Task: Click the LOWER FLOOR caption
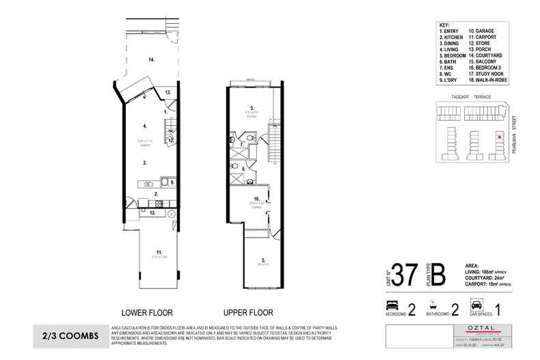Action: coord(147,309)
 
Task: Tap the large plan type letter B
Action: coord(439,277)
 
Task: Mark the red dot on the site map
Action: coord(500,137)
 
